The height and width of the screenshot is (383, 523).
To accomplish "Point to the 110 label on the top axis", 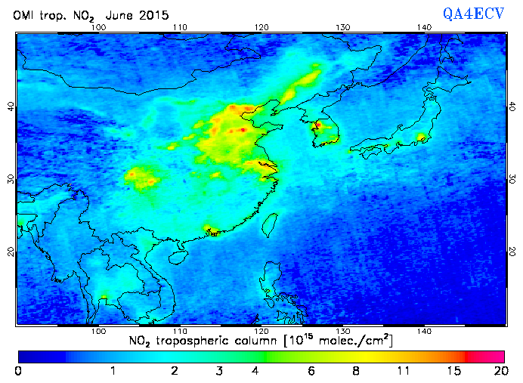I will (179, 28).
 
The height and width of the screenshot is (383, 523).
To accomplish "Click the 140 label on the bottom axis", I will (424, 332).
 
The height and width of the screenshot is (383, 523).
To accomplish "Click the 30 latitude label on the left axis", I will (11, 179).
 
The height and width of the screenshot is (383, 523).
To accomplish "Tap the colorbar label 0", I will (17, 370).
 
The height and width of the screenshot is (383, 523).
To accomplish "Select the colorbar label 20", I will (498, 370).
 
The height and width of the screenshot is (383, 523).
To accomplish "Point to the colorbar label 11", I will (403, 370).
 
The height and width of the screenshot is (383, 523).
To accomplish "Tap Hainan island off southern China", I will (179, 257).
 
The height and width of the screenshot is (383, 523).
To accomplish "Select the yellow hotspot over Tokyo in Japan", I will (421, 137).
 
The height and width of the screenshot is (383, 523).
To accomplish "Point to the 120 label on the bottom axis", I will (261, 332).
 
